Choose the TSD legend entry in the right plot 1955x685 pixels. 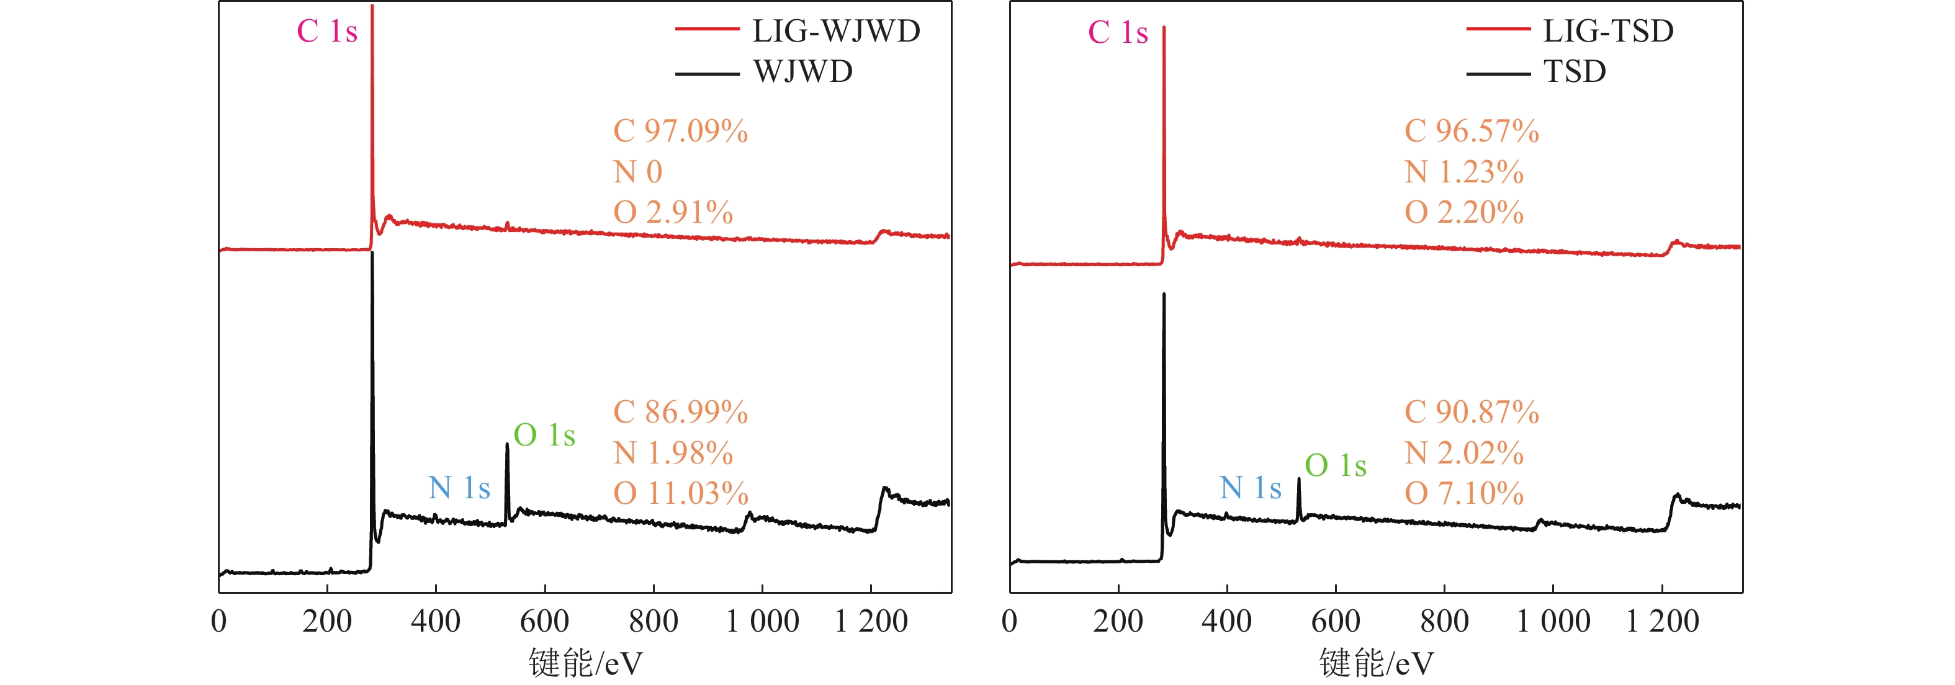[1574, 72]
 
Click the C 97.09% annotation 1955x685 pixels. [680, 132]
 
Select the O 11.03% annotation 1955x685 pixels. [680, 494]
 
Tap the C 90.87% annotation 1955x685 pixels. [1471, 413]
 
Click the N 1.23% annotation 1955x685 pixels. [1463, 172]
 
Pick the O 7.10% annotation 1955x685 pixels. [1463, 494]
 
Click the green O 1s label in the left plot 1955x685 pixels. [544, 436]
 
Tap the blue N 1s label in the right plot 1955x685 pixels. [1250, 488]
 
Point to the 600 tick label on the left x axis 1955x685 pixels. [544, 621]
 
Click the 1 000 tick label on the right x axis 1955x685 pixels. [1553, 621]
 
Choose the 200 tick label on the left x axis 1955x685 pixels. [327, 621]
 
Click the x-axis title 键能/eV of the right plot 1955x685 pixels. [1376, 663]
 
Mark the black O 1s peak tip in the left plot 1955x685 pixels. [507, 444]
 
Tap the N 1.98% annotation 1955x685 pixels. [672, 454]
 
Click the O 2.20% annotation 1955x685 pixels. [1463, 212]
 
